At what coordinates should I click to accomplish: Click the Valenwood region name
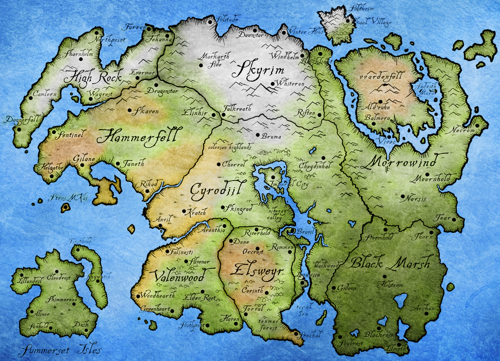coord(179,276)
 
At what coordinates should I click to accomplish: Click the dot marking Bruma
coord(258,135)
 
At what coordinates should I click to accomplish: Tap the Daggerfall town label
coord(15,119)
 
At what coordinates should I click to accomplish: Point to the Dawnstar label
coord(251,36)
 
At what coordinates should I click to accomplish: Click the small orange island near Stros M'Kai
coord(65,208)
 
